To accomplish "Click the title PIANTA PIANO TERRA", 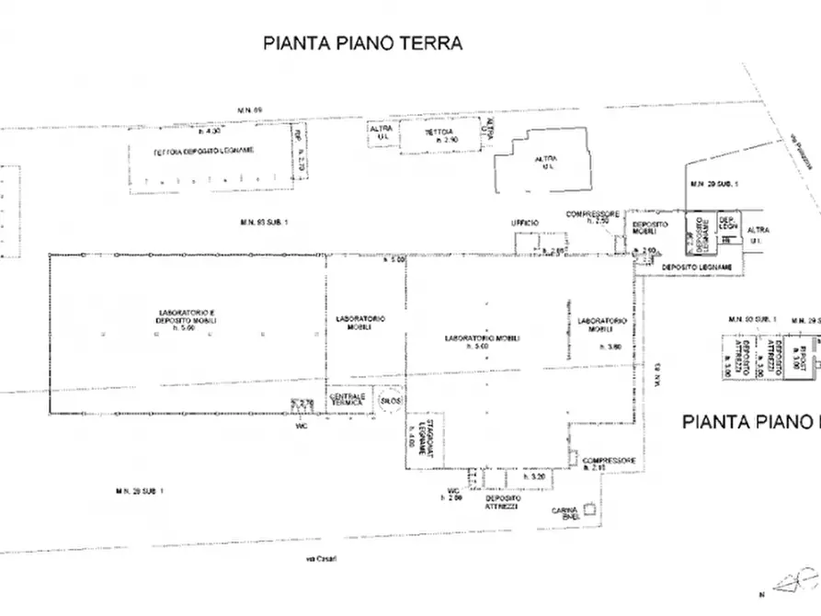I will pos(362,42).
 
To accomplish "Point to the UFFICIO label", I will pos(524,223).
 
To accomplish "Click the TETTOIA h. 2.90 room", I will pos(439,137).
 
